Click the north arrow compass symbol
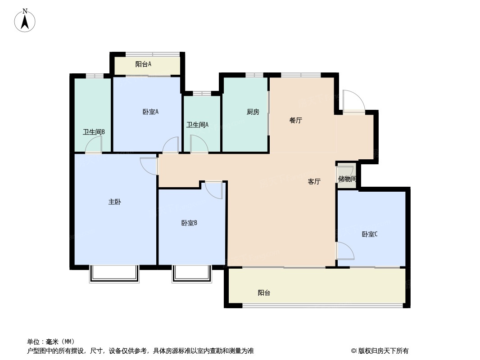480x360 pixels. click(x=25, y=21)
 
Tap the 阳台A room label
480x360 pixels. click(x=143, y=64)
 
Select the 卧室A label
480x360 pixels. click(x=150, y=112)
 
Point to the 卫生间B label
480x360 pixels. click(x=94, y=132)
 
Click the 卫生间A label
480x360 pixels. click(x=198, y=125)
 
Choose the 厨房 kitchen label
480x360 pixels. click(x=253, y=112)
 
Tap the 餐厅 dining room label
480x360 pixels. click(x=296, y=121)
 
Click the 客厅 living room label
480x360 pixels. click(x=314, y=182)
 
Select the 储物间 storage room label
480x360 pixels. click(x=347, y=179)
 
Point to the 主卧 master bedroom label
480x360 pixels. click(x=115, y=202)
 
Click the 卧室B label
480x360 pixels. click(x=189, y=223)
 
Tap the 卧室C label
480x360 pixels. click(x=370, y=234)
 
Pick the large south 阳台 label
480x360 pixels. click(x=264, y=293)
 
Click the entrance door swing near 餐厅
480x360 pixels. click(x=354, y=101)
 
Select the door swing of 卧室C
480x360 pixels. click(x=345, y=251)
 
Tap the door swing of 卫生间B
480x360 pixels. click(x=93, y=144)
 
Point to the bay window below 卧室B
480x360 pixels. click(x=192, y=274)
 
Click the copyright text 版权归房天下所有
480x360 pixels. click(x=383, y=351)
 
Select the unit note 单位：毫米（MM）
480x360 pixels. click(x=51, y=342)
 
